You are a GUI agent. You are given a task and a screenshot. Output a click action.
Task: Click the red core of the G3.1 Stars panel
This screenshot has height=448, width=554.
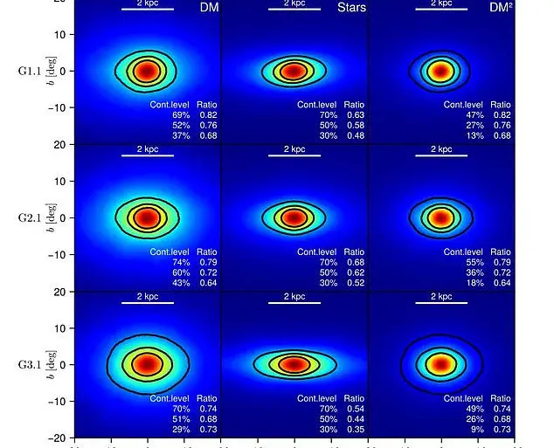(294, 364)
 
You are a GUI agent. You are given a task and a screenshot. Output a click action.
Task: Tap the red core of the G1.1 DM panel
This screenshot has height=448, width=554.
(147, 71)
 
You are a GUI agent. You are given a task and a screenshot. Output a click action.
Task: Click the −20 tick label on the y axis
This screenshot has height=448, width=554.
(58, 437)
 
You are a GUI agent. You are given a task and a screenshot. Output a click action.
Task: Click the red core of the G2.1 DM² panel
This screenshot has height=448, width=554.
(441, 217)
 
